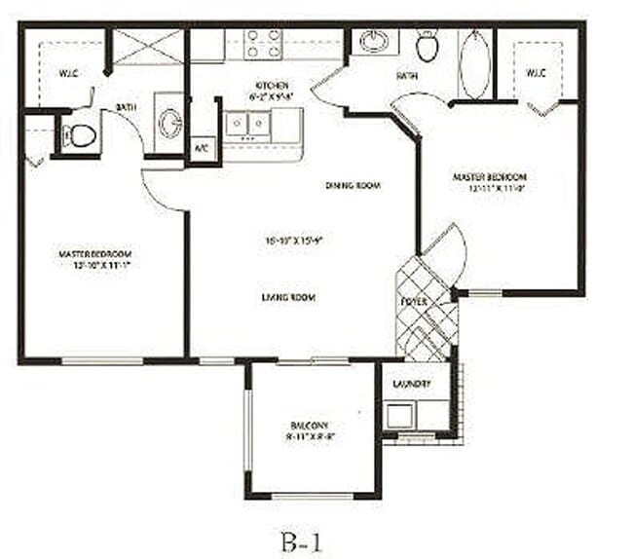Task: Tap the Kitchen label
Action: coord(270,86)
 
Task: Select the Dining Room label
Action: coord(352,185)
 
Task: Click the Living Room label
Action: coord(292,297)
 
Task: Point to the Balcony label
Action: coord(311,427)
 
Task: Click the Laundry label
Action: coord(412,384)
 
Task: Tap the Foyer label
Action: coord(414,302)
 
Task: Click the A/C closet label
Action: coord(202,149)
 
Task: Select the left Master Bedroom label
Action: coord(94,254)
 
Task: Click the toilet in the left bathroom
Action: coord(80,135)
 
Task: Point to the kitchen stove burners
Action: coord(263,44)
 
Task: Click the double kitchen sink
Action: coord(248,124)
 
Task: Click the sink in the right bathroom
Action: coord(373,41)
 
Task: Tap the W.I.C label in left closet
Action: coord(67,72)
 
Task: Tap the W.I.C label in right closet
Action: coord(537,73)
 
